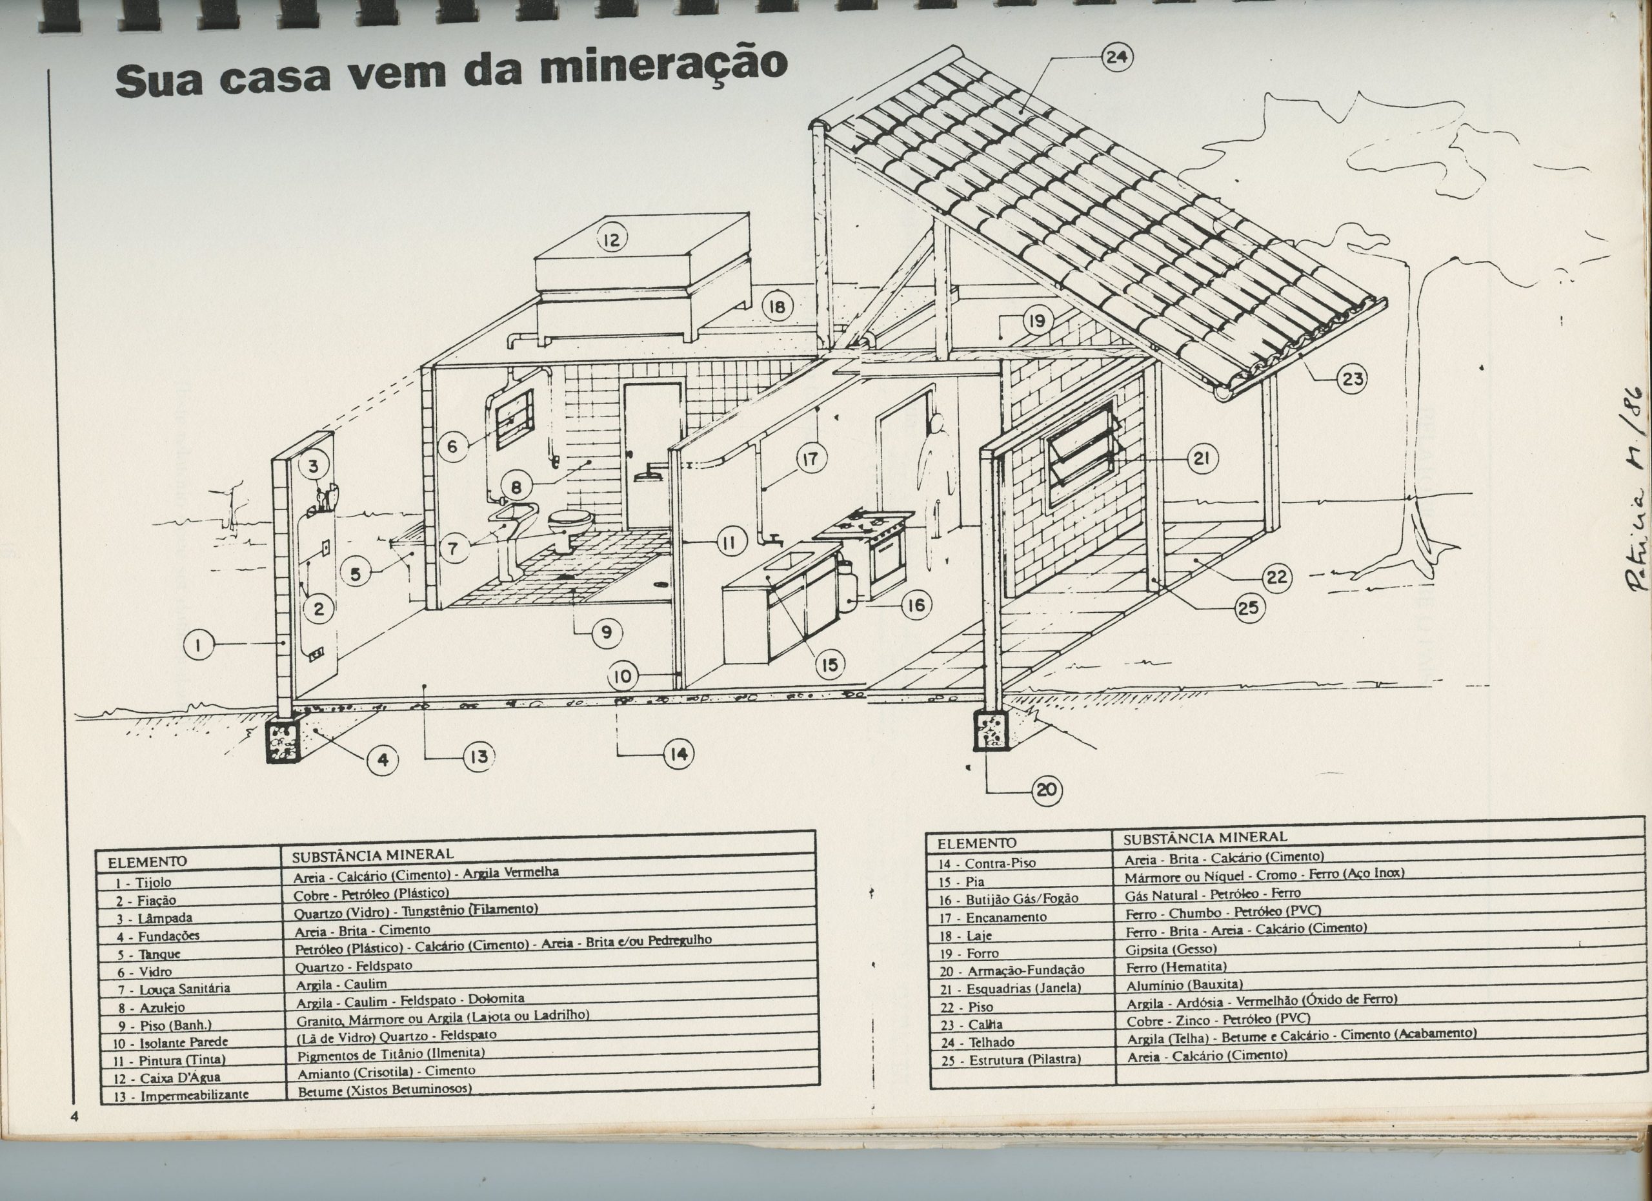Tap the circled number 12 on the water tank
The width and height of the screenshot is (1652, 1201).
click(x=612, y=239)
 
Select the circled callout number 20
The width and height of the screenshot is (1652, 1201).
click(x=1046, y=789)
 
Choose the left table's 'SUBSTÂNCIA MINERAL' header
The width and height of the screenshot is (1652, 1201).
click(x=373, y=854)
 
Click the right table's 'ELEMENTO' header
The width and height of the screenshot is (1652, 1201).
click(x=977, y=843)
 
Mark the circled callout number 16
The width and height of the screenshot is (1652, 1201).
click(x=916, y=604)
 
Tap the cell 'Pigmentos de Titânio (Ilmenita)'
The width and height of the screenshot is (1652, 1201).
click(x=391, y=1053)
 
